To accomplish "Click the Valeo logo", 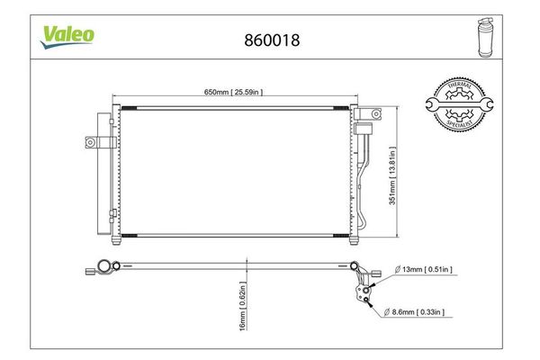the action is pyautogui.click(x=67, y=37).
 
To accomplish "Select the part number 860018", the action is pyautogui.click(x=272, y=40).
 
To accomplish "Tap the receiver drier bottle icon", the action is pyautogui.click(x=486, y=37).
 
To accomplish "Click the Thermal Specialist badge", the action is pyautogui.click(x=459, y=104).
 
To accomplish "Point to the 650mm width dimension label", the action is pyautogui.click(x=233, y=92).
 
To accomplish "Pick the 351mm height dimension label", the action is pyautogui.click(x=392, y=175).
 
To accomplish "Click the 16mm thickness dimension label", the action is pyautogui.click(x=243, y=306).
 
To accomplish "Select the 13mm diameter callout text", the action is pyautogui.click(x=423, y=269).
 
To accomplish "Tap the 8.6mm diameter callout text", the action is pyautogui.click(x=414, y=312).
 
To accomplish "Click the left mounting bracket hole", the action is pyautogui.click(x=90, y=142).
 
